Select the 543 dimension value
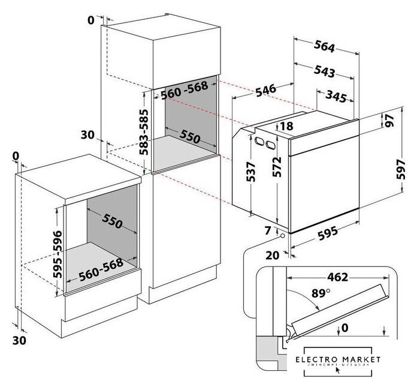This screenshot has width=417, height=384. (x=324, y=71)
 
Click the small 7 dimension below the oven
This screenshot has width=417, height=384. (x=268, y=230)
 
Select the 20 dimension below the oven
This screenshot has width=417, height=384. (x=273, y=254)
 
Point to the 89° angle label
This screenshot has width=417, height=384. (x=321, y=294)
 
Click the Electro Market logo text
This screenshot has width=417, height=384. (x=342, y=359)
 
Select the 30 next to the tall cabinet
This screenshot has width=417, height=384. (x=87, y=135)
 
